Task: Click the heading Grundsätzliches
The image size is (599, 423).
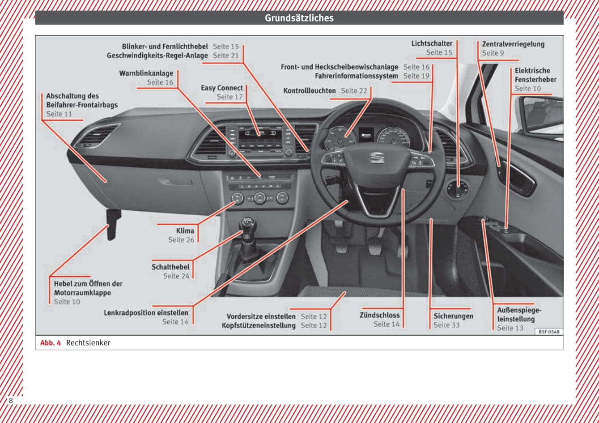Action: coord(299,18)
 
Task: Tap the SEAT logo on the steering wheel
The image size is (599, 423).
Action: coord(377,158)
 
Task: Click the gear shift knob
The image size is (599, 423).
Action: coord(247,224)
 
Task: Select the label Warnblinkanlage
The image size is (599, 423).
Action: coord(146,73)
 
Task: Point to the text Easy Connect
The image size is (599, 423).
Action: coord(222,88)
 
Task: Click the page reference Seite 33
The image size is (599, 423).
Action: coord(446,325)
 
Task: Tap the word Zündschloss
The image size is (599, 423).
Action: coord(380,315)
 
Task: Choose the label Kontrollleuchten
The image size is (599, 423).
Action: coord(310,91)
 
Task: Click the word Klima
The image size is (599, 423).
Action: coord(185,231)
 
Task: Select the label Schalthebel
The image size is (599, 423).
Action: coord(170,267)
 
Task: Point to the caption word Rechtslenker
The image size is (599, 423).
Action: coord(88,343)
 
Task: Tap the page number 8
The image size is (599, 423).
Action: coord(11,401)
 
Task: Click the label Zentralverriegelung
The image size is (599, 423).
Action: coord(513,44)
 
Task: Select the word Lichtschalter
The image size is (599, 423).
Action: coord(432,43)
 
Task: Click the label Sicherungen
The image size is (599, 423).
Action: coord(453,316)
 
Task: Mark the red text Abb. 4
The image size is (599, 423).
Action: coord(50,343)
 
